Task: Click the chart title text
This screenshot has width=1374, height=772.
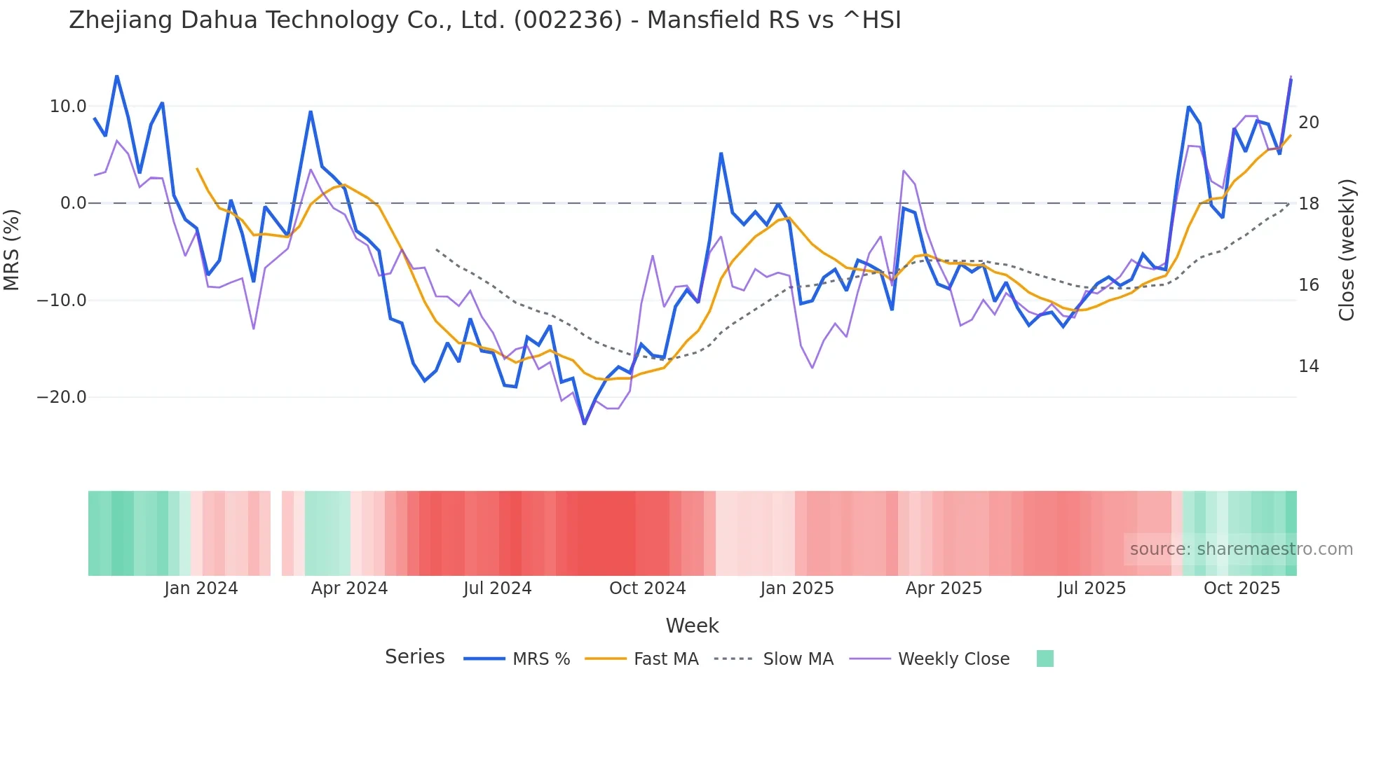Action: tap(484, 20)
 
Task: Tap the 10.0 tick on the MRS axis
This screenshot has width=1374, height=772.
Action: tap(68, 106)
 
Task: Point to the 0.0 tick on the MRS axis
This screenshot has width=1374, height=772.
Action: tap(74, 203)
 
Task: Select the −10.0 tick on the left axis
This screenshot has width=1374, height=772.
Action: tap(62, 301)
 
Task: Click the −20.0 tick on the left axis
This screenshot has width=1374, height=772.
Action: tap(62, 397)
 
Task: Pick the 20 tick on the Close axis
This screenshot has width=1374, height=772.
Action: tap(1309, 123)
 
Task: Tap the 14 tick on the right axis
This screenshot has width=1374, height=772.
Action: tap(1309, 366)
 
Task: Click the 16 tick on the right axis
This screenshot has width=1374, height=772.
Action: tap(1309, 285)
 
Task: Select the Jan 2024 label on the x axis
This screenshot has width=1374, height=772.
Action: tap(201, 588)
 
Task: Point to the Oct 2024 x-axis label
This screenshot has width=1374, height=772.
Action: tap(647, 588)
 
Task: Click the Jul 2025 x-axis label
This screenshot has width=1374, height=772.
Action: tap(1091, 588)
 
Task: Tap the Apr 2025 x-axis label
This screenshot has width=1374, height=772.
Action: tap(944, 588)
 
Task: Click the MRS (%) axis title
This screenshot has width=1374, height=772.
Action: tap(12, 250)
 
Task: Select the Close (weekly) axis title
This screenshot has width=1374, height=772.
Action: tap(1347, 250)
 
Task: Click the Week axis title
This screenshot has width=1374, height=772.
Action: tap(692, 626)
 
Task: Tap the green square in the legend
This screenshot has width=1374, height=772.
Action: tap(1045, 659)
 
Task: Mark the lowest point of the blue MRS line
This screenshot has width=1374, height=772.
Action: tap(585, 424)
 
